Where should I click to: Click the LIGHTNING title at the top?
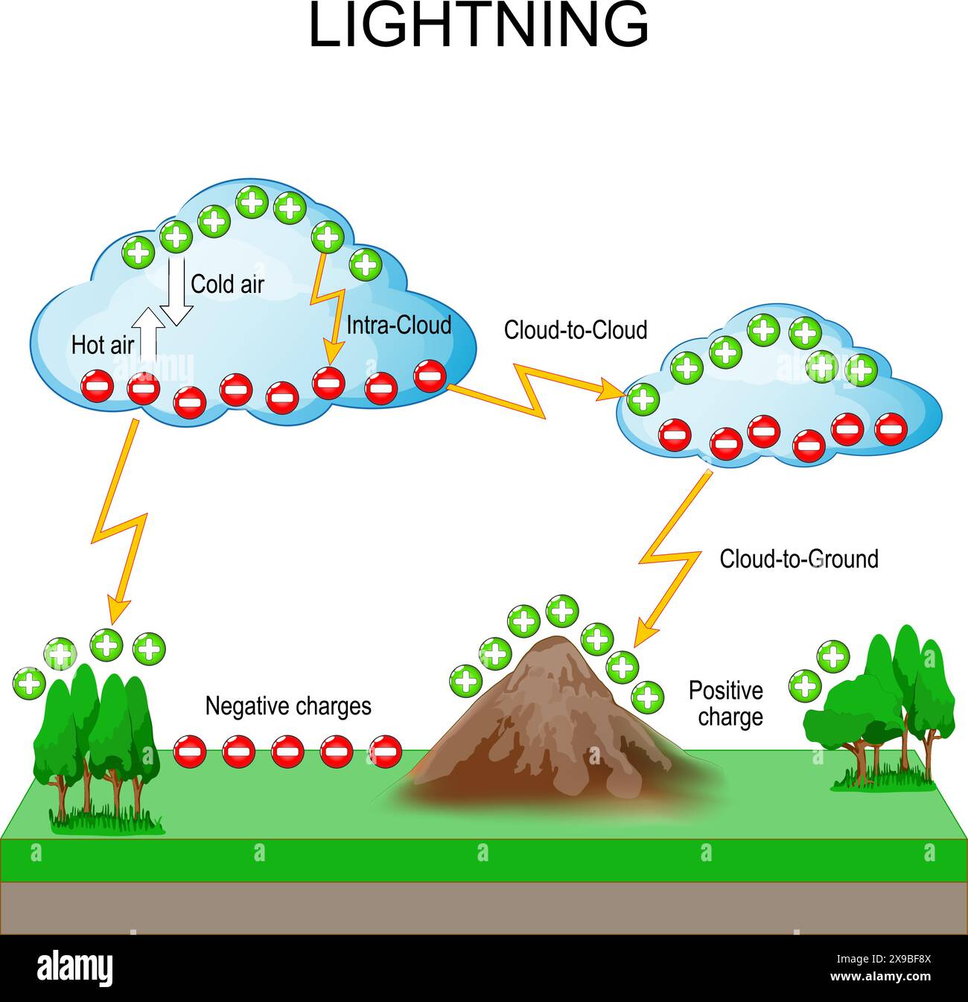click(479, 27)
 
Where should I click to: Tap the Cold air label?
click(227, 285)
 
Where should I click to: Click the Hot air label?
click(102, 346)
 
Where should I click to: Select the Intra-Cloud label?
click(398, 326)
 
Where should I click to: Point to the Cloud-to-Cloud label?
click(575, 330)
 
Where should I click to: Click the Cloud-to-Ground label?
click(798, 559)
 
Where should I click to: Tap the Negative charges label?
click(288, 705)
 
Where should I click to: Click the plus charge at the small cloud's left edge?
click(643, 399)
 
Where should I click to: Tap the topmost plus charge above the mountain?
click(562, 611)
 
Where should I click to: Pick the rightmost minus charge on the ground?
click(386, 751)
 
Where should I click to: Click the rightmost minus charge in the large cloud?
click(430, 375)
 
